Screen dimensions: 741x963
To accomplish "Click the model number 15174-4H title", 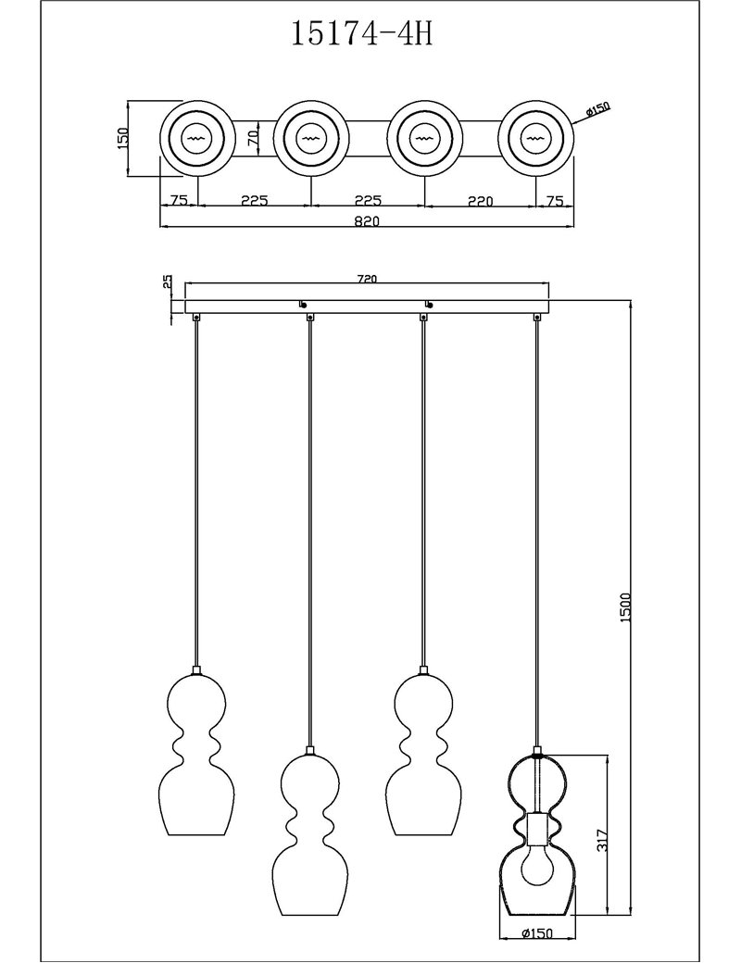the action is tap(361, 34).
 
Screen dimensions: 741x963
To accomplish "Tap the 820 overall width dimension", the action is tap(367, 221).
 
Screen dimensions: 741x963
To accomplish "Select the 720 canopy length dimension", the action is tap(366, 278).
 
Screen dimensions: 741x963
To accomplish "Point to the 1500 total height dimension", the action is tap(625, 608).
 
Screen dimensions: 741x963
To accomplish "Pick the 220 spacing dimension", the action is tap(480, 200).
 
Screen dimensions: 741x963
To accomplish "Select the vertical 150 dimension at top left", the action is tap(122, 139).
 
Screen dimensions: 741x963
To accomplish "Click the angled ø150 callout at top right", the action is tap(597, 110).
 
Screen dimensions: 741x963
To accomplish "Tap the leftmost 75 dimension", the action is tap(178, 200).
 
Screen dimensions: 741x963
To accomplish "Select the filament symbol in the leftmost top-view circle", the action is tap(196, 139).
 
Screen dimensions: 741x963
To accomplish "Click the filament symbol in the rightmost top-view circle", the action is tap(537, 139).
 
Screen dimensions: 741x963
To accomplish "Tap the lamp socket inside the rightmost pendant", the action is tap(537, 829).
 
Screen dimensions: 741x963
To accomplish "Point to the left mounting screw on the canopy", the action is tap(302, 304).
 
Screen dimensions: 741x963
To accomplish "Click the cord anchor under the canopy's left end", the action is tap(196, 317).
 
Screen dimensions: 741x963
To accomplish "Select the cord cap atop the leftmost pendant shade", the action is tap(196, 670).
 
